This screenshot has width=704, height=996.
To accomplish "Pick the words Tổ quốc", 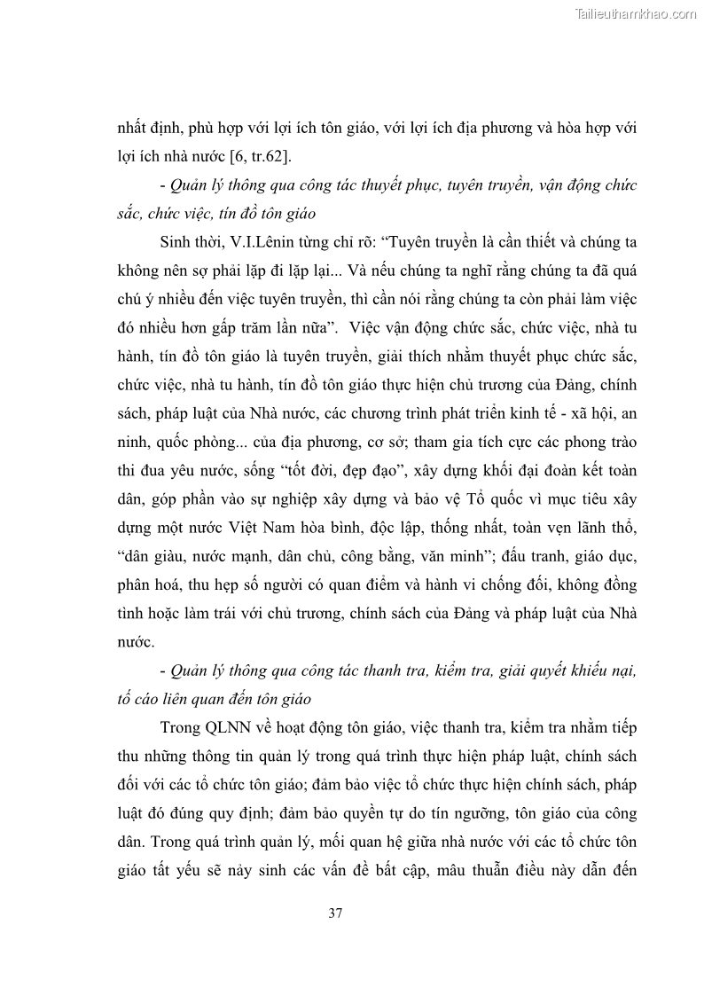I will (x=548, y=501).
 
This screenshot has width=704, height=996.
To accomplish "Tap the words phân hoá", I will (x=148, y=586).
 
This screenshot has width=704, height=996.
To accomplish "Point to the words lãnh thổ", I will (x=606, y=529).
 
